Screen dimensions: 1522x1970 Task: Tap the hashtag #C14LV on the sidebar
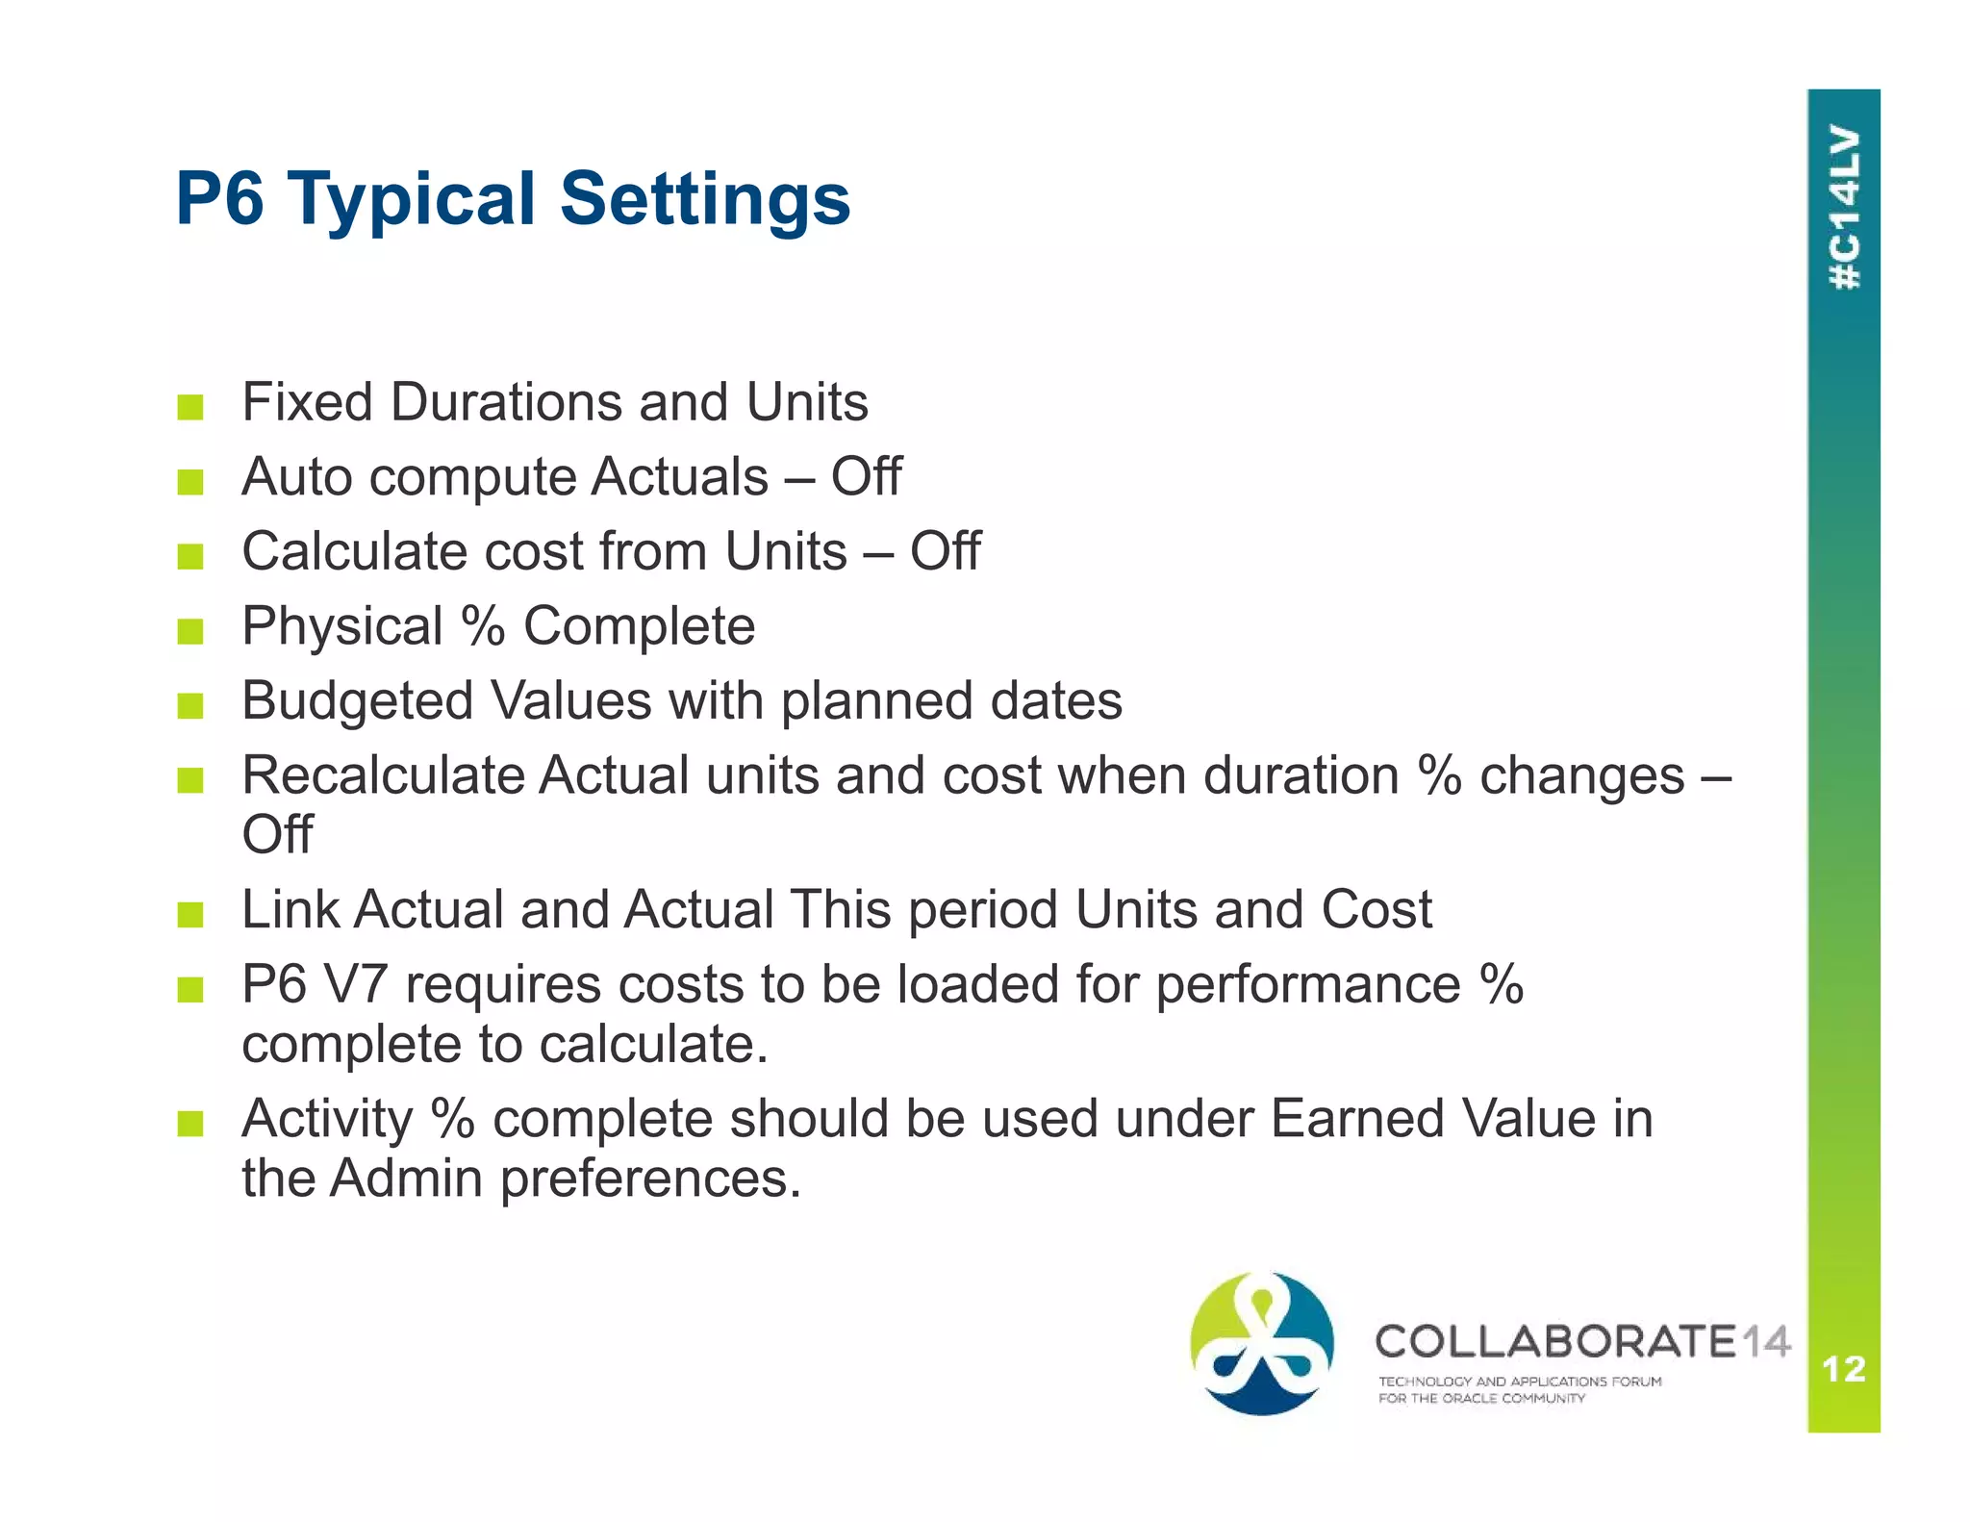[x=1844, y=208]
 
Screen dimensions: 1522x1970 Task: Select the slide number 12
[x=1844, y=1368]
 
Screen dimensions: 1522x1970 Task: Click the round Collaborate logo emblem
[x=1261, y=1343]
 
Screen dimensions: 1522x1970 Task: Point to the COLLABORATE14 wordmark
[x=1582, y=1341]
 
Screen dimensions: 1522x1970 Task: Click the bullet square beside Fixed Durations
[x=190, y=407]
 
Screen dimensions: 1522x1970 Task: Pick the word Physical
[x=342, y=626]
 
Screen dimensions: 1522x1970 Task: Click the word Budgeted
[x=358, y=701]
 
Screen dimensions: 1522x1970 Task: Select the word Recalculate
[x=382, y=775]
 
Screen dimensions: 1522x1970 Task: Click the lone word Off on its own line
[x=277, y=834]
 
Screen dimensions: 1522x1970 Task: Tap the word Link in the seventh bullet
[x=290, y=909]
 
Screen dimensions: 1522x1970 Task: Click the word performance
[x=1307, y=986]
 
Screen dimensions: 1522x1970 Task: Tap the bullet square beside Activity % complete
[x=190, y=1124]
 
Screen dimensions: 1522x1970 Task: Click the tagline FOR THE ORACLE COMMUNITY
[x=1481, y=1399]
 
